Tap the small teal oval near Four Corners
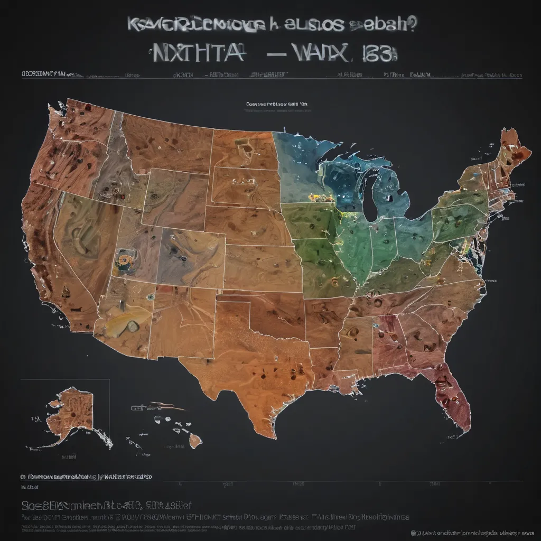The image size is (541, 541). [150, 297]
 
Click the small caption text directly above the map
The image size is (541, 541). [276, 105]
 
